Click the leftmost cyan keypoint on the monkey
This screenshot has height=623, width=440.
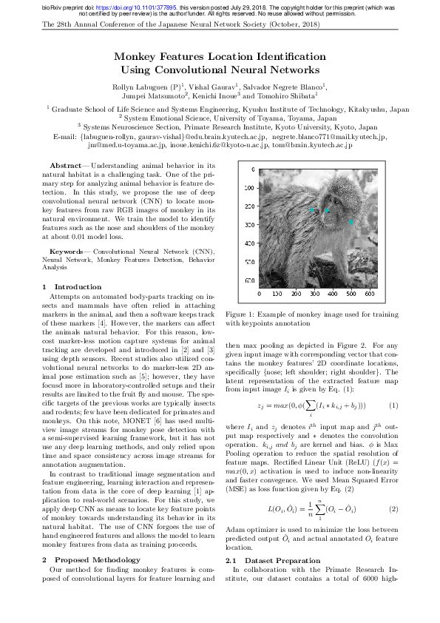click(x=312, y=210)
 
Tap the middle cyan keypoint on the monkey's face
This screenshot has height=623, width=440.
click(x=328, y=211)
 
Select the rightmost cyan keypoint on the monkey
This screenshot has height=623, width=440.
click(x=351, y=221)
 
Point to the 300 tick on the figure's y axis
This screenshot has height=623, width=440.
click(x=251, y=225)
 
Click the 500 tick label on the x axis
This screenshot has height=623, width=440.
click(x=370, y=294)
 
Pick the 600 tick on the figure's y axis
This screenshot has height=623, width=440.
click(x=251, y=280)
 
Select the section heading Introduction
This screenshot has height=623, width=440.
click(x=78, y=286)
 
